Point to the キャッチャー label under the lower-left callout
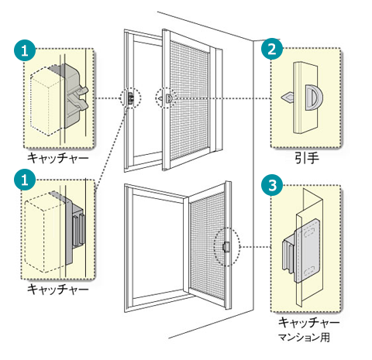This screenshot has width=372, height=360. coord(57,289)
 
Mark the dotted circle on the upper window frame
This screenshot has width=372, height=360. coord(131,98)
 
